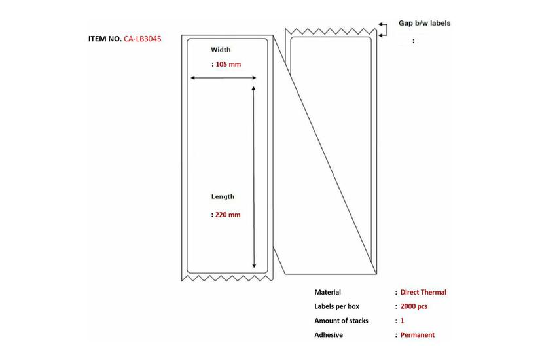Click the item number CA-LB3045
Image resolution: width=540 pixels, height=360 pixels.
point(142,39)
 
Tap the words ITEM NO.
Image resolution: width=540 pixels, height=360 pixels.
point(105,39)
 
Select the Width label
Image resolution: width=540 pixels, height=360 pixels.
point(221,50)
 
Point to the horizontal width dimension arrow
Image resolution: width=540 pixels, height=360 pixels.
point(223,78)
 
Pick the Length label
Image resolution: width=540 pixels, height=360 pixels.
point(223,196)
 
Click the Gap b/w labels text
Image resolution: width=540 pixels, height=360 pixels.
point(424,23)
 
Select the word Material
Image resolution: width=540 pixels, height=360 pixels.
point(327,292)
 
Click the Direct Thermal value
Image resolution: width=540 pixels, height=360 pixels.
point(423,292)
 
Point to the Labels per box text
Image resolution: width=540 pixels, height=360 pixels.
point(336,306)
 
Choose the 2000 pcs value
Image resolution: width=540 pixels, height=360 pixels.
point(414,306)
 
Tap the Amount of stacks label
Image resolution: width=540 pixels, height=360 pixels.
point(341,321)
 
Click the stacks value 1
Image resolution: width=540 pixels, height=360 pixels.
point(403,321)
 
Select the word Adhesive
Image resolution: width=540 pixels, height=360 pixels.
point(329,335)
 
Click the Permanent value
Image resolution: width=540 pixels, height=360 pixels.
point(418,335)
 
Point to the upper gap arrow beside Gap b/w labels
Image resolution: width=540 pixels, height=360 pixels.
point(382,24)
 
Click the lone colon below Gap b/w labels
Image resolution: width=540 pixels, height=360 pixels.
point(413,41)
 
